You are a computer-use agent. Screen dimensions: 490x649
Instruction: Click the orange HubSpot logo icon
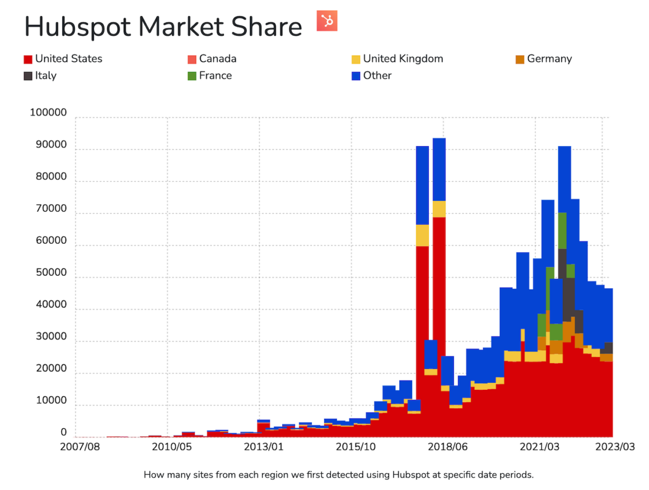[327, 21]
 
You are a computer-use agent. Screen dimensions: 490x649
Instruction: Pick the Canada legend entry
[211, 58]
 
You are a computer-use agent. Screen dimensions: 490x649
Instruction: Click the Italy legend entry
[40, 76]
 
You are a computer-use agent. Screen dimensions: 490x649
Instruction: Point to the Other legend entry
[371, 76]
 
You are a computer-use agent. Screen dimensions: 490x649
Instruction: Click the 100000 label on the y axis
[48, 113]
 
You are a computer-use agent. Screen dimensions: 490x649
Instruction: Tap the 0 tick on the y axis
[64, 433]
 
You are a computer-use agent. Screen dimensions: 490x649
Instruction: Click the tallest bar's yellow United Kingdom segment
[439, 209]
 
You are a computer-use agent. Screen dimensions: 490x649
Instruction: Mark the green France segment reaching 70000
[562, 231]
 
